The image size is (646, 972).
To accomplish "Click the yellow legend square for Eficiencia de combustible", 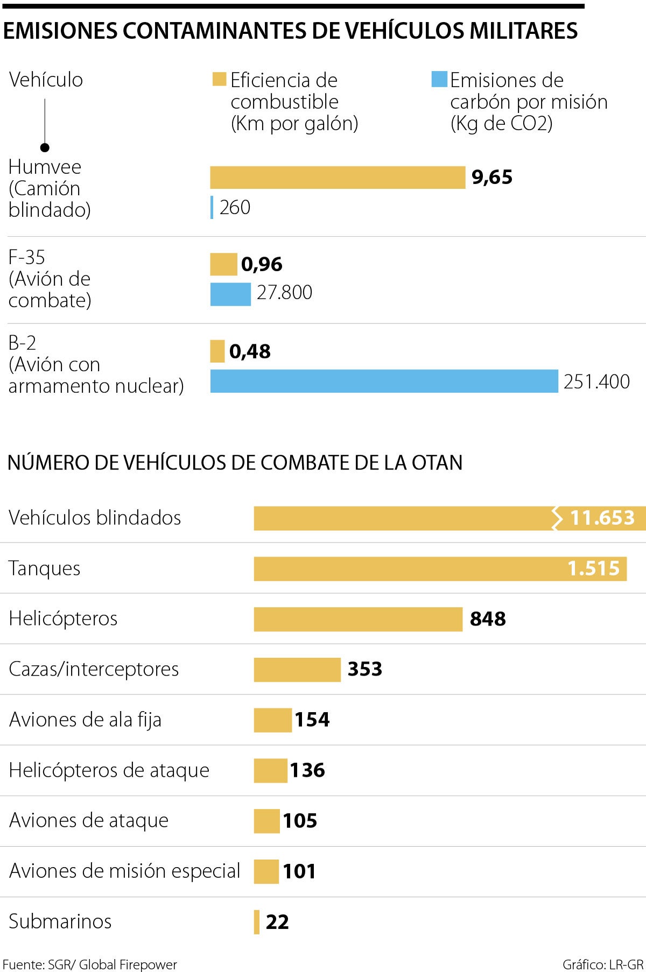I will click(x=219, y=79).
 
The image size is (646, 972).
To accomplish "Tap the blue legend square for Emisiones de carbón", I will click(x=439, y=79).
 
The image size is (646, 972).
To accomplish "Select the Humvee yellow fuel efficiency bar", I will click(x=338, y=178).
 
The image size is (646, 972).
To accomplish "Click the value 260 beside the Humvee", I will click(x=235, y=208).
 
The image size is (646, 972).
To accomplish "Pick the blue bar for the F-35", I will click(x=230, y=294).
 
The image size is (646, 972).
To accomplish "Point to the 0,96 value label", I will click(x=262, y=264).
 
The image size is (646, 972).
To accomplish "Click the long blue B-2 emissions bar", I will click(x=384, y=381).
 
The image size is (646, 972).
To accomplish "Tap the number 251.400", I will click(x=596, y=381).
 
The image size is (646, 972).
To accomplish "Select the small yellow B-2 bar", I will click(x=217, y=351).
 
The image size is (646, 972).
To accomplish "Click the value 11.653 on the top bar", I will click(x=602, y=518).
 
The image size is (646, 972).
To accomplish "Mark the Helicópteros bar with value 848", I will click(x=358, y=619).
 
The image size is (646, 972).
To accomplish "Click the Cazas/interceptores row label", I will click(x=94, y=669).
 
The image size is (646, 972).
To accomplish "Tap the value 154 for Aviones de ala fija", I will click(x=312, y=720).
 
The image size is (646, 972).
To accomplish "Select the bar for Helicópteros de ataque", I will click(x=271, y=770).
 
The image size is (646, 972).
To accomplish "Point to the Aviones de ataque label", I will click(x=89, y=820).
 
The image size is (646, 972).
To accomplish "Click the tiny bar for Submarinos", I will click(x=257, y=921).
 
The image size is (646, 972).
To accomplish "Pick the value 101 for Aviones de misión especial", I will click(x=299, y=871).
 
